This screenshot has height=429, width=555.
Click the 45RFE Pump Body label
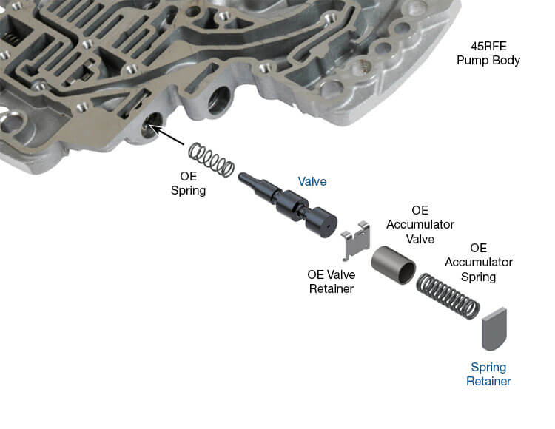click(x=488, y=52)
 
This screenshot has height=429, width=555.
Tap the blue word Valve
click(x=312, y=181)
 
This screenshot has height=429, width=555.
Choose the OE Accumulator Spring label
click(x=478, y=263)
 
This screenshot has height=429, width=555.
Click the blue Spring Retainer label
click(x=488, y=374)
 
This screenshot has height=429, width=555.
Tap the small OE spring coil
click(x=211, y=158)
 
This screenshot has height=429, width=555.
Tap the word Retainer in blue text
click(x=488, y=382)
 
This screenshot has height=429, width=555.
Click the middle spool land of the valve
click(x=292, y=204)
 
